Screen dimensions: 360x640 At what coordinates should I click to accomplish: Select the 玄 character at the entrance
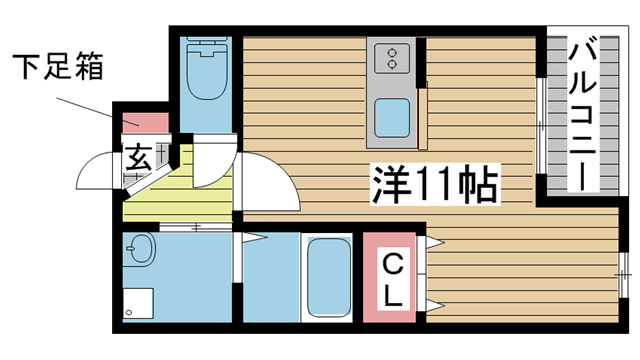[x=137, y=157]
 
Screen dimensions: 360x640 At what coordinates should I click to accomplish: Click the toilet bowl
[x=208, y=81]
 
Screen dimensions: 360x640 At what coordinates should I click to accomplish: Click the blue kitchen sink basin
[x=391, y=119]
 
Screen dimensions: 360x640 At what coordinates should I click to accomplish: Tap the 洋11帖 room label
[x=435, y=185]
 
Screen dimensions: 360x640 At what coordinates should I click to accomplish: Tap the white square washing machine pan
[x=139, y=304]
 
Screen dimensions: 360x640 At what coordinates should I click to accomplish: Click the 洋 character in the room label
[x=393, y=185]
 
